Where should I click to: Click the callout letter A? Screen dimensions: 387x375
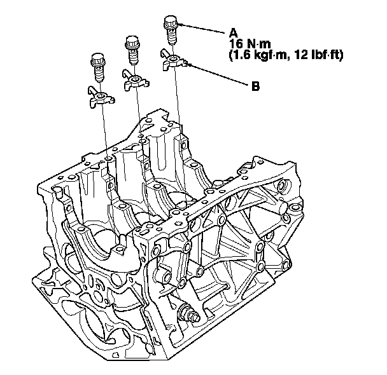pyautogui.click(x=234, y=32)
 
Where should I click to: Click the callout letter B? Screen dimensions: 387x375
pyautogui.click(x=256, y=86)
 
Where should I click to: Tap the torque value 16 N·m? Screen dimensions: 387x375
pyautogui.click(x=250, y=44)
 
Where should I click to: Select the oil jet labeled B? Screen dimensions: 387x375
pyautogui.click(x=174, y=60)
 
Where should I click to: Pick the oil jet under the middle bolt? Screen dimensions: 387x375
pyautogui.click(x=136, y=80)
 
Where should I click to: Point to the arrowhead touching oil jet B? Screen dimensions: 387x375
pyautogui.click(x=190, y=65)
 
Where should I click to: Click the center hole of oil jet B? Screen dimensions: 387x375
pyautogui.click(x=174, y=58)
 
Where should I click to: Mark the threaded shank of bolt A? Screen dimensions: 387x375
pyautogui.click(x=172, y=36)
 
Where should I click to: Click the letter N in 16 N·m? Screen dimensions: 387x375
pyautogui.click(x=250, y=44)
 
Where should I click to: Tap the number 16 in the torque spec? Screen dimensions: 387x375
pyautogui.click(x=236, y=44)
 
